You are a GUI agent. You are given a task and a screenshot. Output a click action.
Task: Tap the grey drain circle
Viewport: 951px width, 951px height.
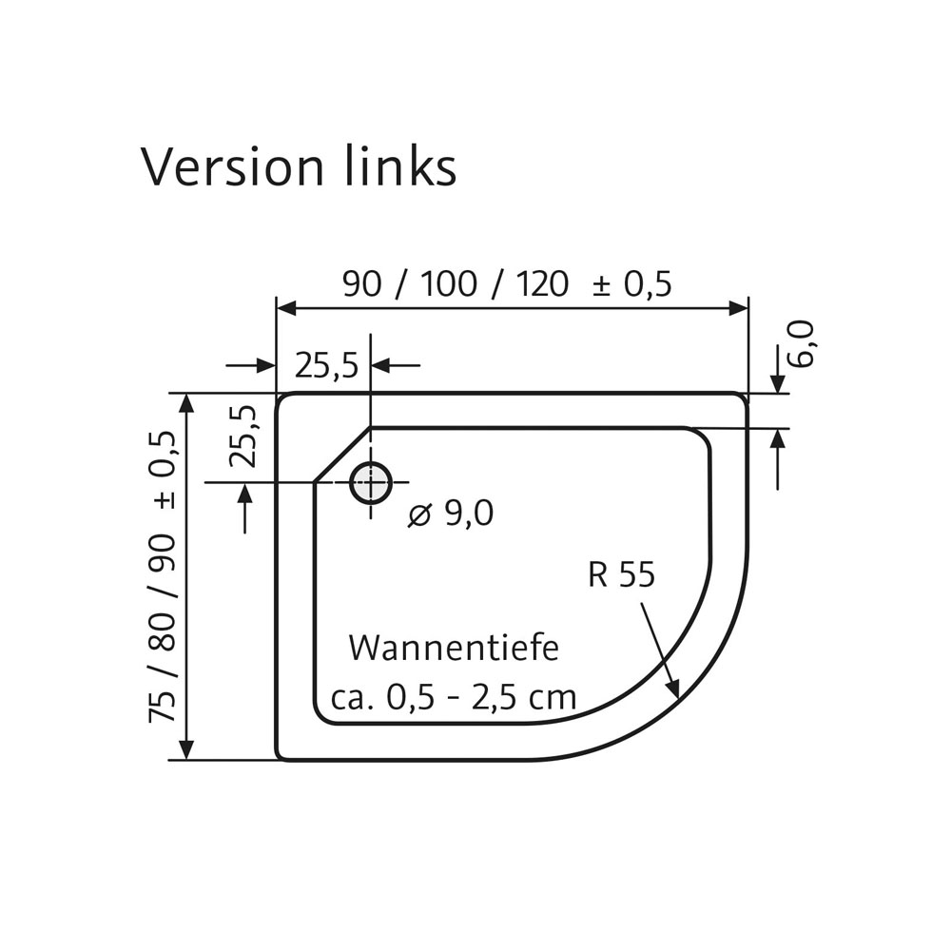coord(370,483)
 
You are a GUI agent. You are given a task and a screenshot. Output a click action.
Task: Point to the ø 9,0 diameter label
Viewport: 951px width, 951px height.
coord(451,514)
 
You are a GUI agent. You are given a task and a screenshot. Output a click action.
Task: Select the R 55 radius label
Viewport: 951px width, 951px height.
coord(622,574)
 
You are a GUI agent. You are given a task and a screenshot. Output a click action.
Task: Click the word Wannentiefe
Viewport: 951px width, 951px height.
coord(453,648)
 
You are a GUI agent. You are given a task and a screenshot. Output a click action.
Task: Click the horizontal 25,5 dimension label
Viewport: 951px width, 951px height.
coord(326,365)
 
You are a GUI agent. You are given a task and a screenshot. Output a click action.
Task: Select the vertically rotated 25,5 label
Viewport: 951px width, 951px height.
coord(244,436)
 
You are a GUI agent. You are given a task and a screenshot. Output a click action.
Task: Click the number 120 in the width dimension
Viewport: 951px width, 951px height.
coord(544,283)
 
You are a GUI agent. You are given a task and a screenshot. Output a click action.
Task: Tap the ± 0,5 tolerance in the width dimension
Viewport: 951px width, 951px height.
coord(632,283)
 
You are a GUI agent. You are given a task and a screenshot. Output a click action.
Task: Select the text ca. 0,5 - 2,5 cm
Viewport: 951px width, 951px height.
coord(454,697)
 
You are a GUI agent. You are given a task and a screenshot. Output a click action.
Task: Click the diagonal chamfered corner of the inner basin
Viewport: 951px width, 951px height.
coord(341,456)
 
